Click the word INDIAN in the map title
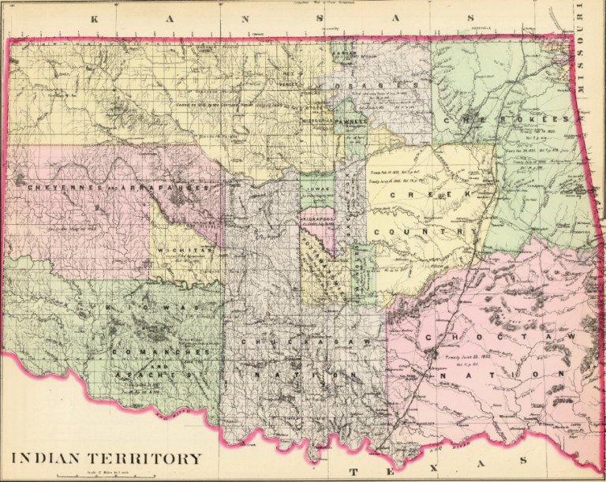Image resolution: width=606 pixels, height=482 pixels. coord(49,458)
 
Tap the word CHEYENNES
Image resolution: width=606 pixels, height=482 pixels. coord(59,188)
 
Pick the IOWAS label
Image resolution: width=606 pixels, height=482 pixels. coord(316,189)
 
